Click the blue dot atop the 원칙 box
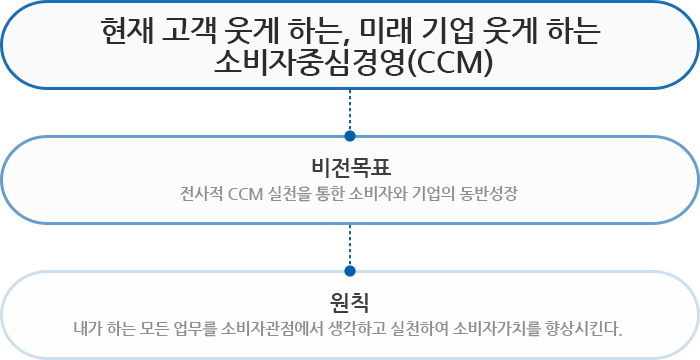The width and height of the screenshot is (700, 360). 350,271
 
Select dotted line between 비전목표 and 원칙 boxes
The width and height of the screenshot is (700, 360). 350,245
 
